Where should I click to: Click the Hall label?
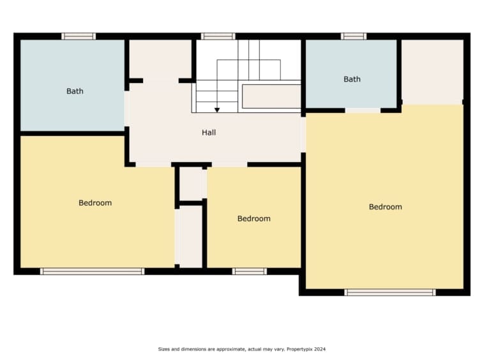(209, 133)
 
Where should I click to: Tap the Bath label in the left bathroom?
(75, 91)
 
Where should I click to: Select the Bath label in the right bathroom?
(352, 79)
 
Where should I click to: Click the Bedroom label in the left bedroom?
(95, 203)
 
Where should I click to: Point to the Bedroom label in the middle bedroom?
(253, 219)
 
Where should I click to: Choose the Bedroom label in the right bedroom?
(386, 207)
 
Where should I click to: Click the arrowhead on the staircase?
(217, 110)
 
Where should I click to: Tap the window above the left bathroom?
(79, 36)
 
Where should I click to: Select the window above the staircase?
(218, 36)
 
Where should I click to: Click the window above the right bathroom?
(354, 36)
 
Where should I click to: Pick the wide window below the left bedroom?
(93, 271)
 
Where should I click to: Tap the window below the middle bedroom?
(250, 271)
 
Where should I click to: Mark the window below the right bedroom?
(390, 292)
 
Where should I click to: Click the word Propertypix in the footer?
(299, 350)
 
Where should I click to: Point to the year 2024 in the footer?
(320, 349)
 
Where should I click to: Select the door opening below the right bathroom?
(363, 110)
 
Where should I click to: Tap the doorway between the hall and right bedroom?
(303, 135)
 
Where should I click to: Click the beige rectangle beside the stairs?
(271, 96)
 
